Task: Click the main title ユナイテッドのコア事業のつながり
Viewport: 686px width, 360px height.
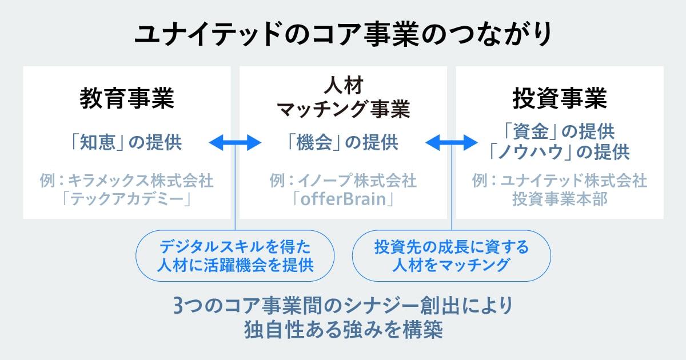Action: coord(343,33)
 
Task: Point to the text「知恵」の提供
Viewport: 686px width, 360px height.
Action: coord(126,142)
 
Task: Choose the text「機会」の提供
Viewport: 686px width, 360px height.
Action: coord(343,142)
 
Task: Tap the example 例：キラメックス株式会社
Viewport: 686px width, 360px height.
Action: coord(126,181)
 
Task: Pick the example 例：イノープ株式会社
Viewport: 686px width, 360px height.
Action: coord(343,181)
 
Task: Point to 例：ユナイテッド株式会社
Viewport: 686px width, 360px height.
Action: coord(560,181)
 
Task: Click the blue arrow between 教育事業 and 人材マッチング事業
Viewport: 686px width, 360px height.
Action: coord(235,143)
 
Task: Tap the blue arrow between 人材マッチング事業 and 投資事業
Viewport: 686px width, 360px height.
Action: coord(451,143)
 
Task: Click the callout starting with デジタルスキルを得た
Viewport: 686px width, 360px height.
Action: coord(235,256)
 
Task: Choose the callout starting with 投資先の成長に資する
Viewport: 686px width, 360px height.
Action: coord(451,256)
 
